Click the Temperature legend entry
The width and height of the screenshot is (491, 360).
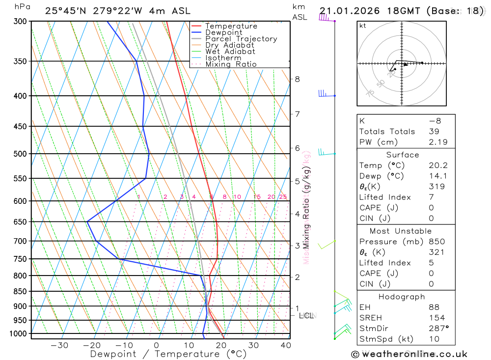tap(231, 26)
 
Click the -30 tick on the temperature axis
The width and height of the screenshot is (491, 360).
tap(59, 345)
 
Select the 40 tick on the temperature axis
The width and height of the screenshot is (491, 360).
tap(285, 345)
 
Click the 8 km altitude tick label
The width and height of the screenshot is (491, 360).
tap(297, 79)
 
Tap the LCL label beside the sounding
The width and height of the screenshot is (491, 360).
tap(306, 315)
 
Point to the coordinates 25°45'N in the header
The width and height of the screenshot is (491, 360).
tap(64, 11)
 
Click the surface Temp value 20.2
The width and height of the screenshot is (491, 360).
tap(438, 166)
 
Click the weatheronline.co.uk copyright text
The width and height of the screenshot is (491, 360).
tap(409, 354)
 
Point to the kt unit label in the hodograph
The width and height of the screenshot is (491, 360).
tap(363, 26)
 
